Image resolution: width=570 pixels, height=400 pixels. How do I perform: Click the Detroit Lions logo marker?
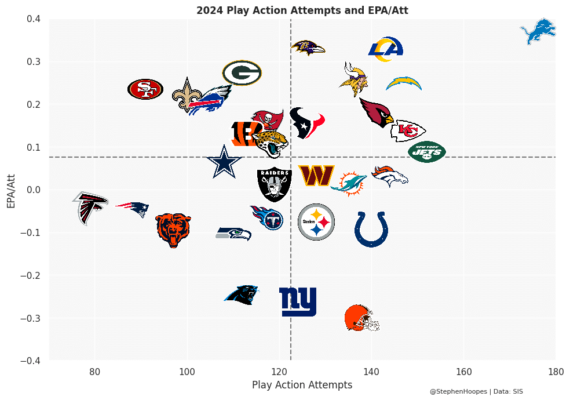(538, 31)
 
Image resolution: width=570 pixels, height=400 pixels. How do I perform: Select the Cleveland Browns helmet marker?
(361, 318)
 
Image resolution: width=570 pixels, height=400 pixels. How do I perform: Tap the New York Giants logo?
(298, 301)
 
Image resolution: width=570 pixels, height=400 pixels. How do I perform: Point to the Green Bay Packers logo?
(242, 73)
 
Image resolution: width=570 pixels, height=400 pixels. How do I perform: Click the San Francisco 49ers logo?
(145, 89)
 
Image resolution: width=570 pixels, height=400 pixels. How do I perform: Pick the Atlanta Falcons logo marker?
(90, 208)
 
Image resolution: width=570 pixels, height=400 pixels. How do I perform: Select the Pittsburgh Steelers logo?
(316, 222)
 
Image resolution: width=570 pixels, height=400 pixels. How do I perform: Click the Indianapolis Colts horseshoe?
(371, 229)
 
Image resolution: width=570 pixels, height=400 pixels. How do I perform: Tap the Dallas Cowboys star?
(224, 162)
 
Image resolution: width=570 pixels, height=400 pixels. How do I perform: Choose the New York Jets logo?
(427, 152)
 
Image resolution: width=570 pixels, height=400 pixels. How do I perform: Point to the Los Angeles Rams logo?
(386, 49)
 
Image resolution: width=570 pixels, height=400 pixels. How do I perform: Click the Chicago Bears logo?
(173, 230)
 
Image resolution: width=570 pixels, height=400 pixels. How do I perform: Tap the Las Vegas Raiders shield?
(274, 184)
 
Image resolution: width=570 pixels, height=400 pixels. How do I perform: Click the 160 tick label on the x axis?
(463, 371)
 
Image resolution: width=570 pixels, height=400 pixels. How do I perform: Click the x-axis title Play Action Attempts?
(302, 385)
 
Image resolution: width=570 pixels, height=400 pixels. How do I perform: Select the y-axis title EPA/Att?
(11, 190)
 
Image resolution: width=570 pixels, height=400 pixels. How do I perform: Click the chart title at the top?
(302, 10)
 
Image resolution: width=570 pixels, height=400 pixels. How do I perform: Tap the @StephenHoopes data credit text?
(476, 392)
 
